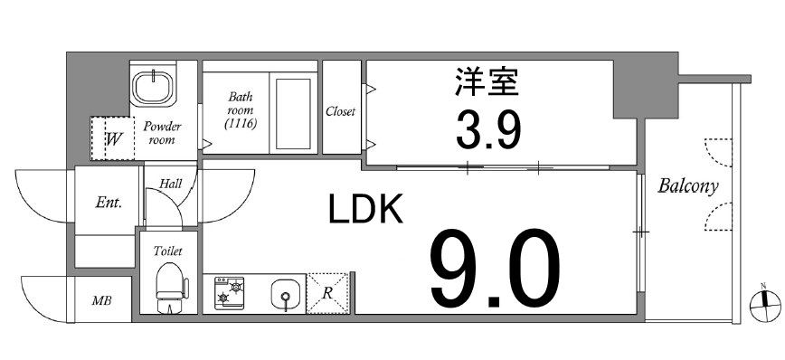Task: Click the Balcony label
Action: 687,187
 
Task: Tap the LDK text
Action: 364,211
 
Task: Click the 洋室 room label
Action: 487,84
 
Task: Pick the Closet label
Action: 340,112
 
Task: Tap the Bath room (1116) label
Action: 240,109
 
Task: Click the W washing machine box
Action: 113,139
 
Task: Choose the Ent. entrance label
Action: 109,202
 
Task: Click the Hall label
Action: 170,184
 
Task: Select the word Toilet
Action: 168,251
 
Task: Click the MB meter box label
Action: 100,299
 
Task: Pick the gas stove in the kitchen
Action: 229,294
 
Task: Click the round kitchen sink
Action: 284,294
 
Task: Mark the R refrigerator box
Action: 327,293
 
